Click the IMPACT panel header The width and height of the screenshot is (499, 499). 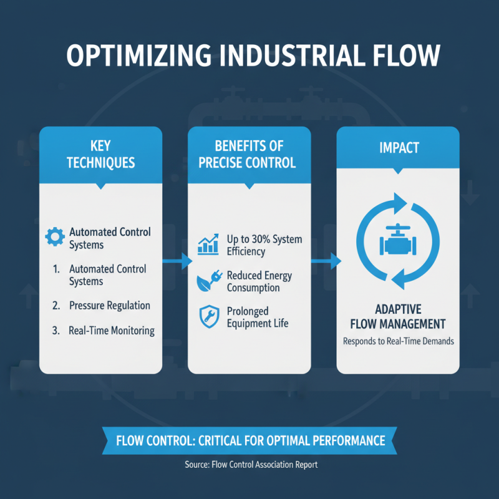(x=398, y=148)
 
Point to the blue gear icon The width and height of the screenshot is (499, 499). (x=56, y=237)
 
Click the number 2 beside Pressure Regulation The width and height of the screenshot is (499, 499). (x=56, y=306)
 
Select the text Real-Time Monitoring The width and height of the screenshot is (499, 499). (x=111, y=330)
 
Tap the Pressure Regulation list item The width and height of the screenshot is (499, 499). (x=109, y=306)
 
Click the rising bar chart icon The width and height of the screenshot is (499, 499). (x=208, y=245)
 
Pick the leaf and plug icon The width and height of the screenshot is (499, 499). (x=208, y=281)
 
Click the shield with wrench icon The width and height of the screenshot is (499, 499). (x=208, y=316)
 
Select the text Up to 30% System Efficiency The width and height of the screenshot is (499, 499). (x=263, y=245)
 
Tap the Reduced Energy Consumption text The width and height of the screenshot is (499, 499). (x=259, y=281)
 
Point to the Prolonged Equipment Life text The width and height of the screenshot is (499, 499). (x=258, y=317)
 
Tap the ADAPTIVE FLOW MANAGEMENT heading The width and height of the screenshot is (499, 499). (x=397, y=316)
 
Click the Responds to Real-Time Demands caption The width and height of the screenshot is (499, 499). (x=397, y=341)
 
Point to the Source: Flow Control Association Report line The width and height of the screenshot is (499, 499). (x=249, y=465)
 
